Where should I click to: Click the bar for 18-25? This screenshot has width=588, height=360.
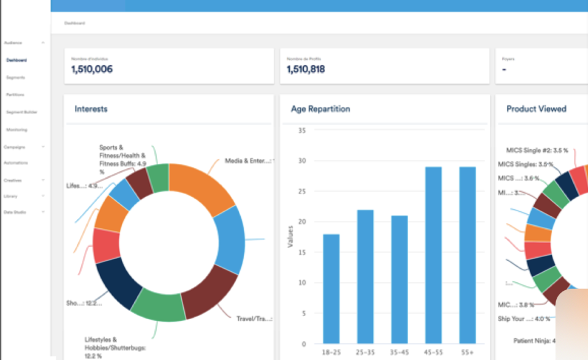pos(331,288)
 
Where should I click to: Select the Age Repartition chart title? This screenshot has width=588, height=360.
pos(320,109)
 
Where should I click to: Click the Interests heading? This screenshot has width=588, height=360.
pos(91,109)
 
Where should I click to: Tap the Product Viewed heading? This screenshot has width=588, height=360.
pos(536,109)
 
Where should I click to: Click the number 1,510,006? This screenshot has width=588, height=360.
pos(92,70)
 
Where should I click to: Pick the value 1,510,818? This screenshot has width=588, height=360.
pos(306,70)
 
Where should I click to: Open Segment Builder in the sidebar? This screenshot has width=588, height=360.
pos(22,113)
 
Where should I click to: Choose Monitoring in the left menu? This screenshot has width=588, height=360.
pos(17,130)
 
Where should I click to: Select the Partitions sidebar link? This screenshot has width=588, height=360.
pos(15,95)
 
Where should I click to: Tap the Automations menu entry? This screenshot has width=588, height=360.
pos(15,163)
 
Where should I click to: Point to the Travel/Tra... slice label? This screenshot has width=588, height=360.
pos(254,318)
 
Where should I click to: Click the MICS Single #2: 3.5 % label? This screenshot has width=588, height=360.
pos(537,150)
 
